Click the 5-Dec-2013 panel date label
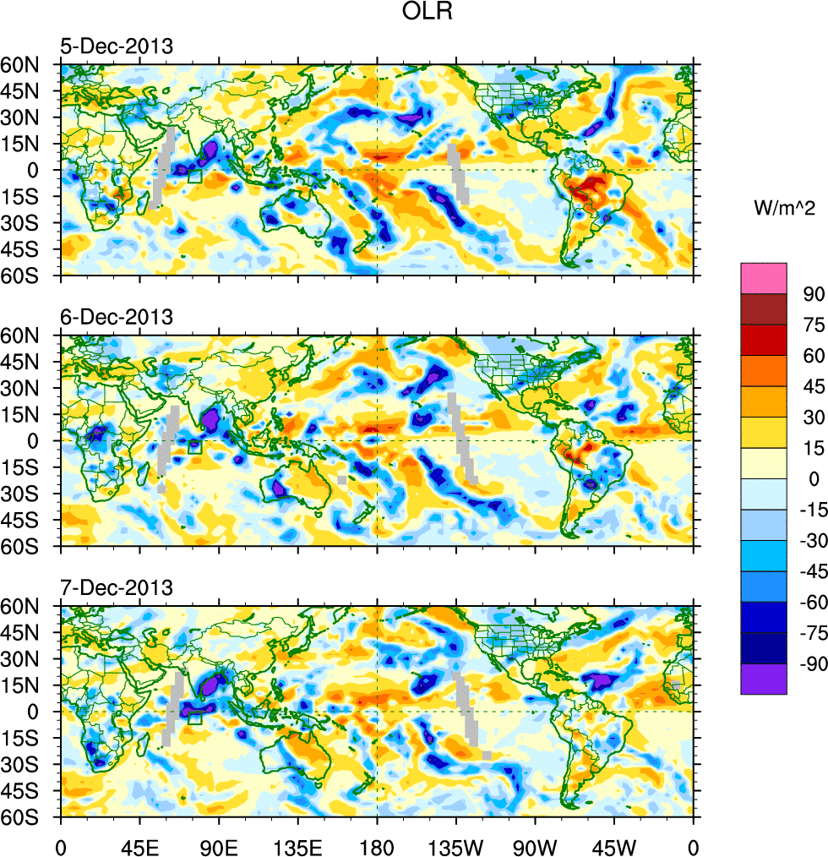tap(117, 46)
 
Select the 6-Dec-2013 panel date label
tap(117, 317)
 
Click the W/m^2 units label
tap(783, 208)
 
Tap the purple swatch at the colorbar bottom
tap(764, 680)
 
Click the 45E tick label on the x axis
tap(139, 844)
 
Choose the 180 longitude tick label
tap(377, 844)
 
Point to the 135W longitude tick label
tap(455, 844)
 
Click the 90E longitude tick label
tap(218, 844)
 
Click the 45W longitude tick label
tap(614, 844)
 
